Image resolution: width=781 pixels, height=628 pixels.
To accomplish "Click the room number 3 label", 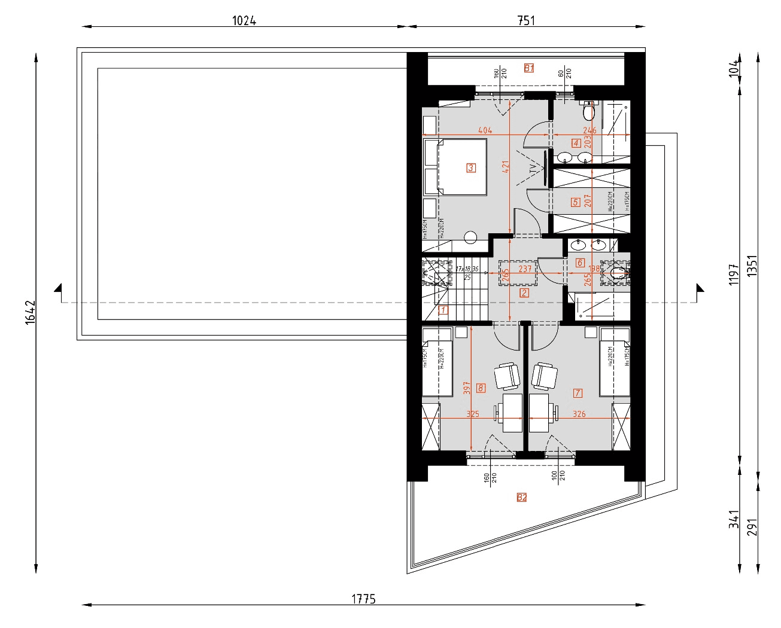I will [471, 168].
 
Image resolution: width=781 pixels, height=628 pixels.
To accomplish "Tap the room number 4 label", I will [576, 143].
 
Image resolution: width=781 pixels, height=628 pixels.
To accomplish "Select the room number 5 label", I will [575, 202].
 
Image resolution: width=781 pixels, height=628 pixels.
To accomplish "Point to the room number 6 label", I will [579, 263].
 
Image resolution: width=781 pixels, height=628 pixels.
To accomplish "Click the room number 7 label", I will [578, 393].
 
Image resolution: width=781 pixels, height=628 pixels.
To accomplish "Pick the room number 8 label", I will [481, 388].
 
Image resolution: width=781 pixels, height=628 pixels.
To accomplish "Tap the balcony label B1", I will [529, 68].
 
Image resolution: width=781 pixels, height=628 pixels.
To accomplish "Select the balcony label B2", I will [522, 497].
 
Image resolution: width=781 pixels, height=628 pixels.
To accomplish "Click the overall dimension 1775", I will [363, 599].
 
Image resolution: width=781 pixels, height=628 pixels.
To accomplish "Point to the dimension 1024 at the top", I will [244, 21].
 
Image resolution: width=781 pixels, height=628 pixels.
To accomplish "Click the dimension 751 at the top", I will [525, 21].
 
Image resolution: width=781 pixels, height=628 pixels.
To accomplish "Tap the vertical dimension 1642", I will [31, 312].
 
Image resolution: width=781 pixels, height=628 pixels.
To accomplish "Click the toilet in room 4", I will [589, 111].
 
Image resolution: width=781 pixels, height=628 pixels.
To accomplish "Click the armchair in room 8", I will [507, 377].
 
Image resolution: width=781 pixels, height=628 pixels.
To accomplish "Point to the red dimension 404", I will [485, 130].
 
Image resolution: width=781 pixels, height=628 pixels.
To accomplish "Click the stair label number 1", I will [443, 310].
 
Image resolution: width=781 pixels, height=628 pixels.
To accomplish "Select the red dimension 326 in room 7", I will [579, 414].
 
